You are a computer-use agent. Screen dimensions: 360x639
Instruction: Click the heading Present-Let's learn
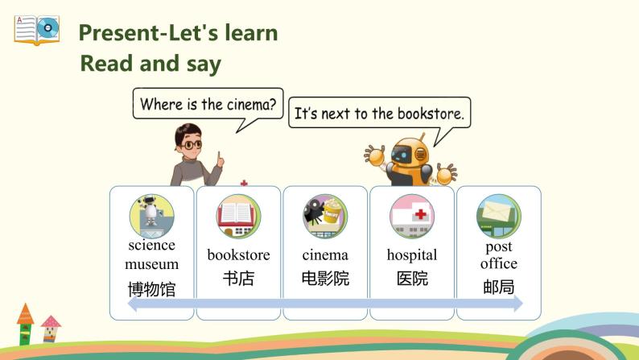178,33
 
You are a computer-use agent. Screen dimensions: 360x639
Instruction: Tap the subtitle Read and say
150,64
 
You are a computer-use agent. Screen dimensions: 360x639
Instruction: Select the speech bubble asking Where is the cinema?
208,105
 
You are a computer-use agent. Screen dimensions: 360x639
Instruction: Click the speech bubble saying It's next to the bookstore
379,114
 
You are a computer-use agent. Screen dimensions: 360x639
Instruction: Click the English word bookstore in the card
238,255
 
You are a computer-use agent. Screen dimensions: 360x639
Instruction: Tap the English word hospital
412,255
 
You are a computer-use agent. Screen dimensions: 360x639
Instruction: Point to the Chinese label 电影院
325,279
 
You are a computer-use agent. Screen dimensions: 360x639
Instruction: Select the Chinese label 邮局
499,287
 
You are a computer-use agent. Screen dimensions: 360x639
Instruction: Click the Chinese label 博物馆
151,289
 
